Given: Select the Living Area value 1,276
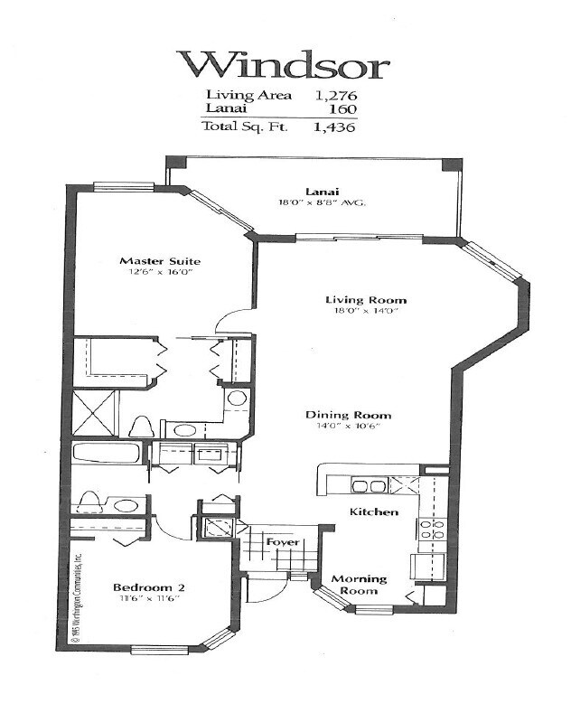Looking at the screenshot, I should tap(334, 94).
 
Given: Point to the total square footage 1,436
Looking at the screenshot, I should tap(334, 127).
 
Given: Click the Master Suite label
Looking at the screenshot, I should tap(160, 261).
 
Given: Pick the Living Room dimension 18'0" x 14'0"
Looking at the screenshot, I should tap(365, 312).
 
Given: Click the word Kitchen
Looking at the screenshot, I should tap(374, 511).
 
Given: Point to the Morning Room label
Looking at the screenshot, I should tap(358, 585).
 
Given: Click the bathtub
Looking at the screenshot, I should tap(106, 453).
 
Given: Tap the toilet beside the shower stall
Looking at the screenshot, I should tap(141, 426).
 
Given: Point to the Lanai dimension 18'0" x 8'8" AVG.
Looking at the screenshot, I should tap(322, 203).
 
